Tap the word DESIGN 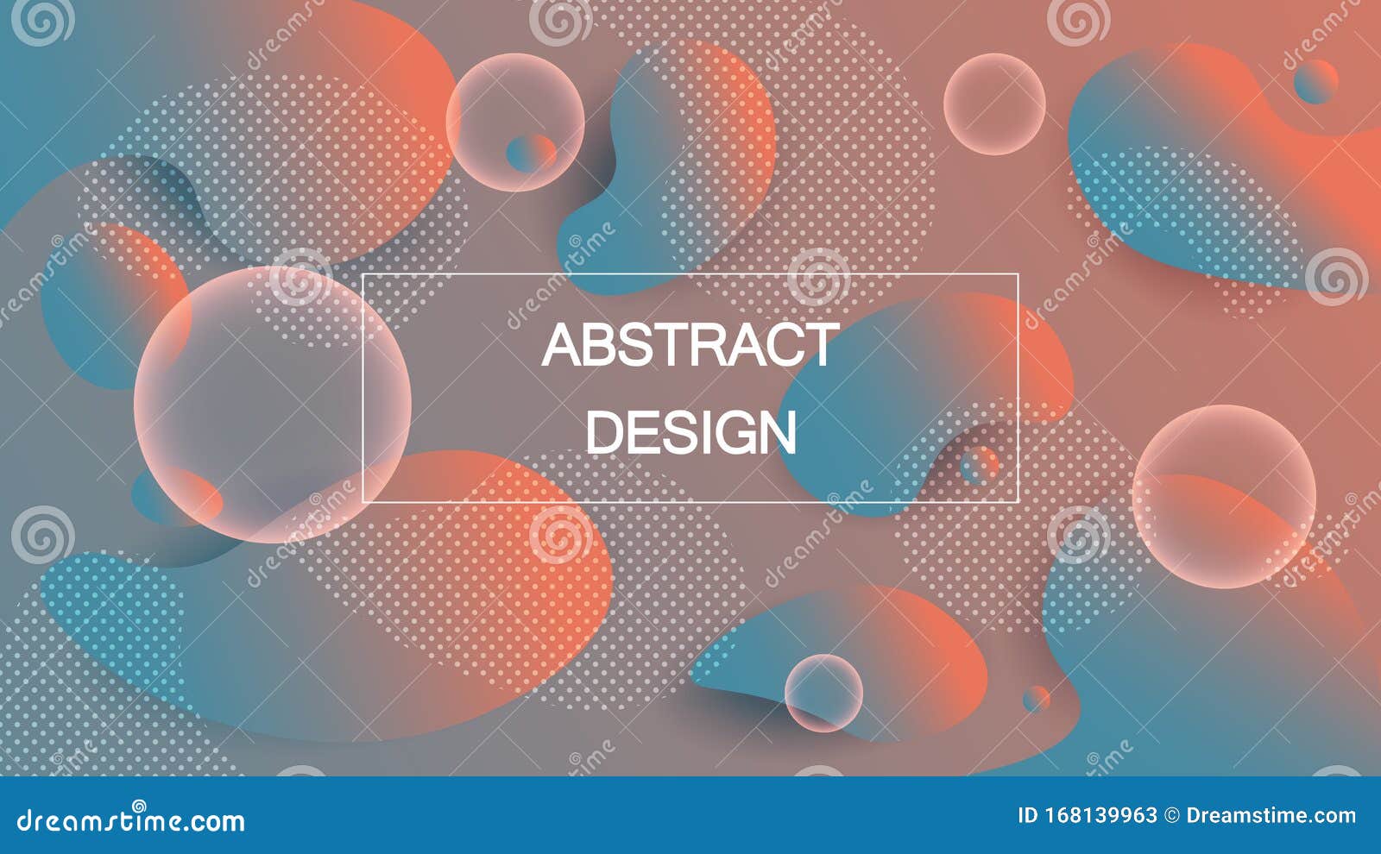tap(691, 432)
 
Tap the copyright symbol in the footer tap(1172, 815)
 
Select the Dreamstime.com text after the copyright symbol tap(1271, 815)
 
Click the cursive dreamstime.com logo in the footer tap(130, 820)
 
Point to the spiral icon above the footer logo tap(139, 807)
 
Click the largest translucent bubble tap(273, 405)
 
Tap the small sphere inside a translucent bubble tap(531, 152)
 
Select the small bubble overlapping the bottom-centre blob tap(823, 693)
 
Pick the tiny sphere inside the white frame tap(979, 466)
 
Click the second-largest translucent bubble tap(1225, 497)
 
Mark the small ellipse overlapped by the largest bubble tap(176, 497)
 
